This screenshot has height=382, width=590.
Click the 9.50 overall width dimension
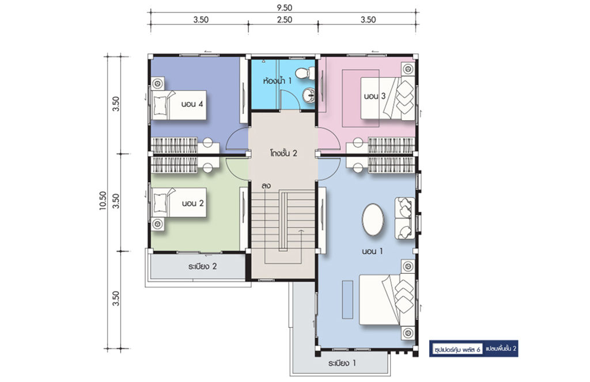pos(284,7)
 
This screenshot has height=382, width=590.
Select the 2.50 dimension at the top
pos(285,20)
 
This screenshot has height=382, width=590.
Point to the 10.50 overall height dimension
pos(103,201)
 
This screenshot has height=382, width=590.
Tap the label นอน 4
pos(192,104)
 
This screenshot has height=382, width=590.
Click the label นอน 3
pos(375,96)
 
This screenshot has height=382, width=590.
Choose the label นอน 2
pos(192,204)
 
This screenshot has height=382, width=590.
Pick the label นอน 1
pos(372,251)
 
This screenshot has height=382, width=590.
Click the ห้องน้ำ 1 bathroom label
pos(277,81)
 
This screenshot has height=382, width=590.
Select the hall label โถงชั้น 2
pos(283,153)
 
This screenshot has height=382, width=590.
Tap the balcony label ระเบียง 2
pos(202,267)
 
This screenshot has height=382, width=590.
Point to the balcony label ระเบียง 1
pos(342,363)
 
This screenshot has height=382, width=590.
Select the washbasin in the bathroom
pos(309,95)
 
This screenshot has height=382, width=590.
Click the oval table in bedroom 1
pos(373,220)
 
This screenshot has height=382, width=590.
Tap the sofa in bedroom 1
pos(404,218)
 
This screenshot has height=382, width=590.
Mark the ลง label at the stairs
pos(266,186)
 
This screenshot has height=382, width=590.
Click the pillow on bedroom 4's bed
pos(160,105)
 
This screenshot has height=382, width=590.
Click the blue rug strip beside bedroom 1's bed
pos(347,299)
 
